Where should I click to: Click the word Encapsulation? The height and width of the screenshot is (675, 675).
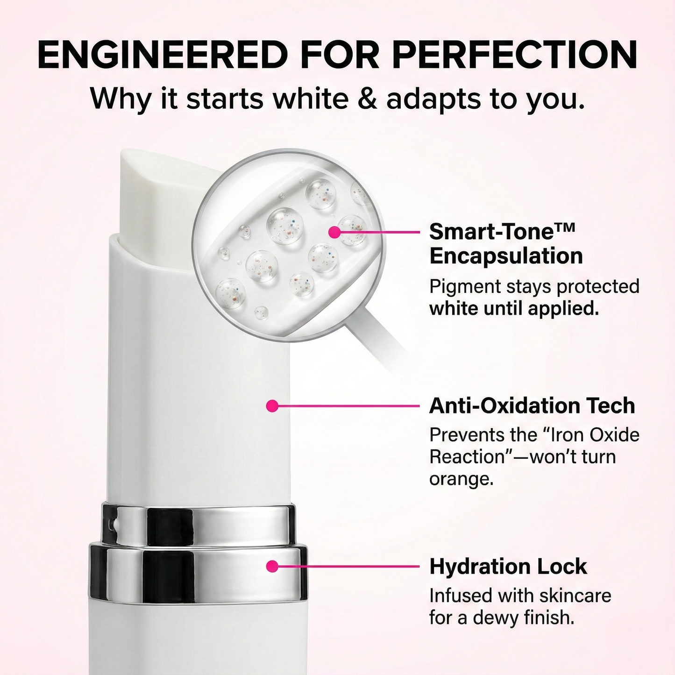click(x=506, y=256)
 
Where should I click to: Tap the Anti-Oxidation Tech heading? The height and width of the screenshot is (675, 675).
click(x=532, y=406)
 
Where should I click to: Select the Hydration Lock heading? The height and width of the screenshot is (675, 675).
click(x=508, y=567)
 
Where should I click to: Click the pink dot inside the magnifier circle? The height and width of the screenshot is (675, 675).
click(x=335, y=232)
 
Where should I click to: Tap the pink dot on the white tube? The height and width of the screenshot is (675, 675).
click(x=272, y=406)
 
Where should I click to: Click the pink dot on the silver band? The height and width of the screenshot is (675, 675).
click(x=272, y=566)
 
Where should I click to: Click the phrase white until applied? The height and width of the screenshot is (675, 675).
click(x=514, y=309)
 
